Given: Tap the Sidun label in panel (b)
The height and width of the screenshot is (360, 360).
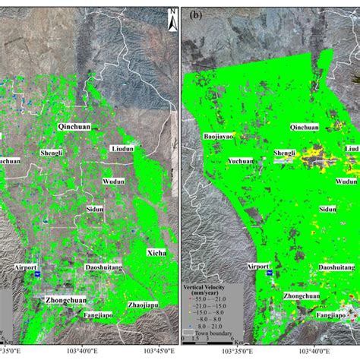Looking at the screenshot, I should coord(327,208).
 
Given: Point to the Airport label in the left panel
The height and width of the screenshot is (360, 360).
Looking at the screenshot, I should coord(25,267).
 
